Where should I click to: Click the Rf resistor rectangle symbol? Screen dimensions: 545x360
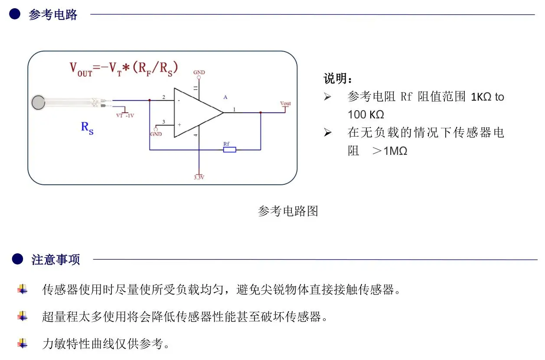click(x=230, y=150)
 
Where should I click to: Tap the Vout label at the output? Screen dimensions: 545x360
click(x=285, y=104)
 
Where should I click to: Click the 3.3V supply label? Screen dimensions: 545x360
click(x=199, y=177)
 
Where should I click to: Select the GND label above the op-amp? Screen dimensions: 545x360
click(x=199, y=72)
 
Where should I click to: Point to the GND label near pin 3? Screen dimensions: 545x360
click(x=156, y=134)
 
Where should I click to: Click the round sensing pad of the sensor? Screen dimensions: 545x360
click(x=39, y=102)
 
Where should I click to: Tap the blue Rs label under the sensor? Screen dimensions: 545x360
click(x=87, y=128)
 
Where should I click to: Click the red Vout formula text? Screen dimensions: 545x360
click(x=124, y=69)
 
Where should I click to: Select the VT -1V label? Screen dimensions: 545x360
click(x=125, y=115)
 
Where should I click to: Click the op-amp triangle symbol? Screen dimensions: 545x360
click(x=198, y=113)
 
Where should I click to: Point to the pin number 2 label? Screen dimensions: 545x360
click(x=164, y=97)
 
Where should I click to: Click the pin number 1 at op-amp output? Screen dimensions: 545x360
click(x=234, y=110)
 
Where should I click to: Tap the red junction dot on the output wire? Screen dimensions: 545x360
click(x=261, y=113)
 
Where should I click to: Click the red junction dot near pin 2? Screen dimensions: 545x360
click(x=150, y=100)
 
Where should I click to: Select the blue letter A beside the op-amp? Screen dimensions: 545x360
click(x=225, y=97)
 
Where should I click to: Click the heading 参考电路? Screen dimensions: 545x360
click(x=53, y=15)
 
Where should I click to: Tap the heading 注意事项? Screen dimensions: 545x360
click(x=55, y=259)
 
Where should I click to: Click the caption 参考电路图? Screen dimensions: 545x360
click(x=288, y=211)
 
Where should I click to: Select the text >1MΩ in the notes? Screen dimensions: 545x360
click(x=390, y=151)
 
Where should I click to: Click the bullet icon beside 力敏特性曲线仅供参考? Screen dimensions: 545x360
click(x=23, y=344)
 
